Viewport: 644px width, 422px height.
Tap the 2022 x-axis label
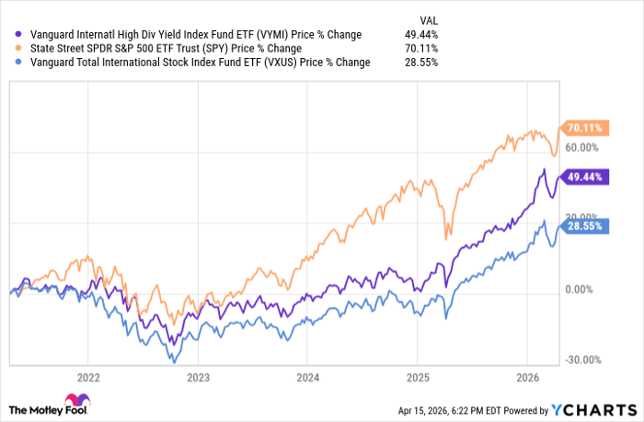click(88, 377)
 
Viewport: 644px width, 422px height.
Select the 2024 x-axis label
click(308, 377)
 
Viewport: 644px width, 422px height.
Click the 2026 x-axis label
click(527, 377)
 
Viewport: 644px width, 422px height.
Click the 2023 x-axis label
click(198, 377)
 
